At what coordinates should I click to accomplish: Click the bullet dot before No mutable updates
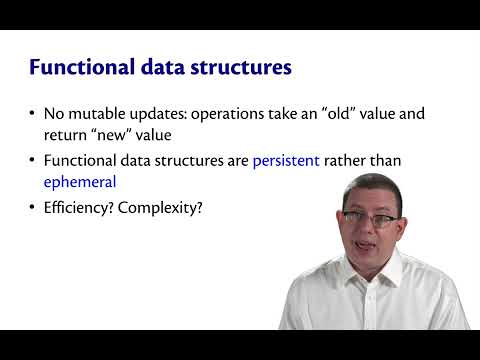coord(35,113)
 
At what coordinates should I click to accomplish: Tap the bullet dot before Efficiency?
coord(35,209)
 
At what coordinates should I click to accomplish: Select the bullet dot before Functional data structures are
coord(35,160)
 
